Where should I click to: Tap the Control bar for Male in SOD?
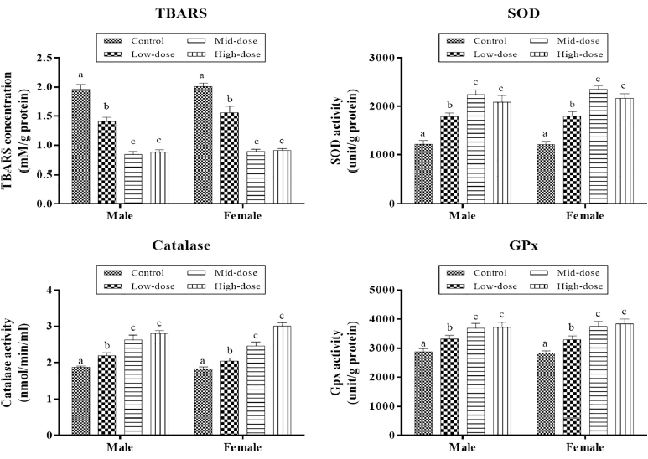point(422,173)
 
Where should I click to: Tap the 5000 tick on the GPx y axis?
point(398,291)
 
